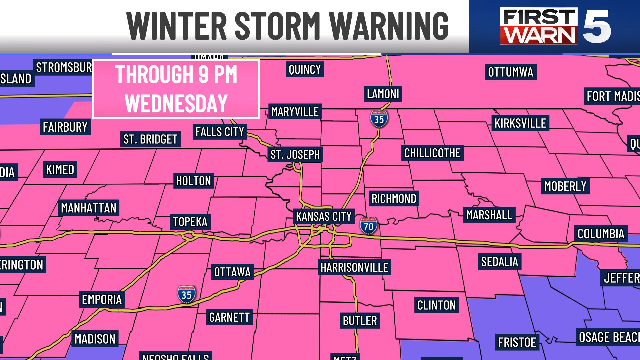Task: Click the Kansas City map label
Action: pyautogui.click(x=324, y=217)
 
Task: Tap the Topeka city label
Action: pyautogui.click(x=190, y=222)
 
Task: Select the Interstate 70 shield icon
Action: pyautogui.click(x=369, y=226)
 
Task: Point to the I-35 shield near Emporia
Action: pyautogui.click(x=186, y=294)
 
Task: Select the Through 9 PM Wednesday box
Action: pyautogui.click(x=176, y=89)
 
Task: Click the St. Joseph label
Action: pyautogui.click(x=295, y=155)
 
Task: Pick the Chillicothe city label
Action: pyautogui.click(x=432, y=153)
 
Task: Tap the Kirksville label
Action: pyautogui.click(x=520, y=123)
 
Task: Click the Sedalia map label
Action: pyautogui.click(x=499, y=262)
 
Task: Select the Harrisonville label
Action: pyautogui.click(x=354, y=267)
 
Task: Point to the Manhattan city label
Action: pyautogui.click(x=89, y=208)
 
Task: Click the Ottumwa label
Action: pyautogui.click(x=510, y=72)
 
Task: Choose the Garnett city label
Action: pyautogui.click(x=229, y=317)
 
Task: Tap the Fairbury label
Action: pyautogui.click(x=65, y=127)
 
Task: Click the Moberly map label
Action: pyautogui.click(x=565, y=186)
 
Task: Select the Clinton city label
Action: pyautogui.click(x=436, y=305)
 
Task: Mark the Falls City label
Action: pyautogui.click(x=220, y=132)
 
